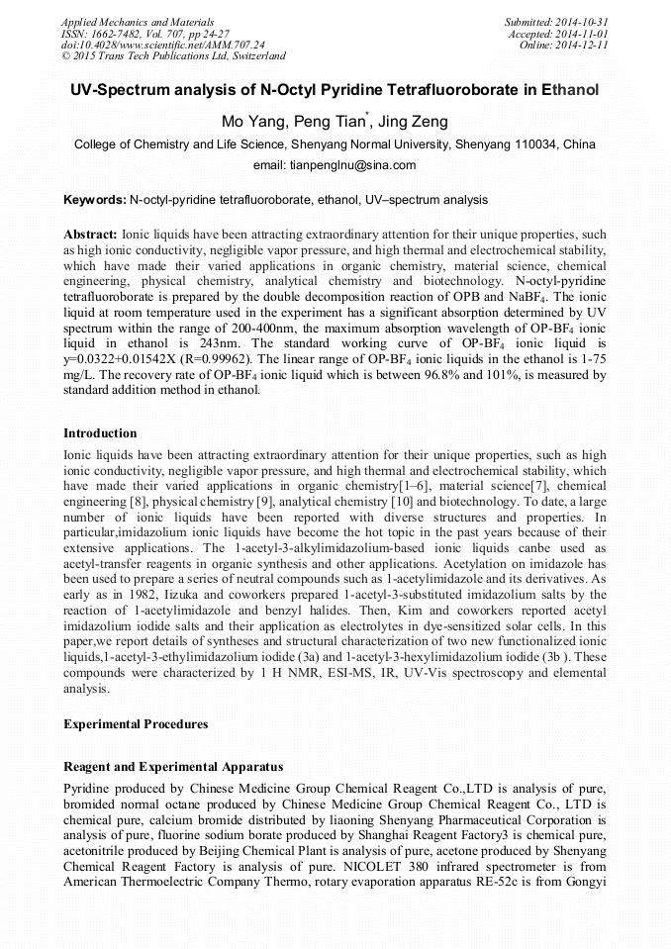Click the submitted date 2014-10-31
(584, 21)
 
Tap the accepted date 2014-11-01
(584, 33)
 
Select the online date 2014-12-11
(584, 45)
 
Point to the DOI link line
(163, 45)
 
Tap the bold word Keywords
(94, 200)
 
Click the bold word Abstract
(90, 235)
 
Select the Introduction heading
(100, 433)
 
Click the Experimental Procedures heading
(136, 723)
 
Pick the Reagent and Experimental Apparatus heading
(173, 767)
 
